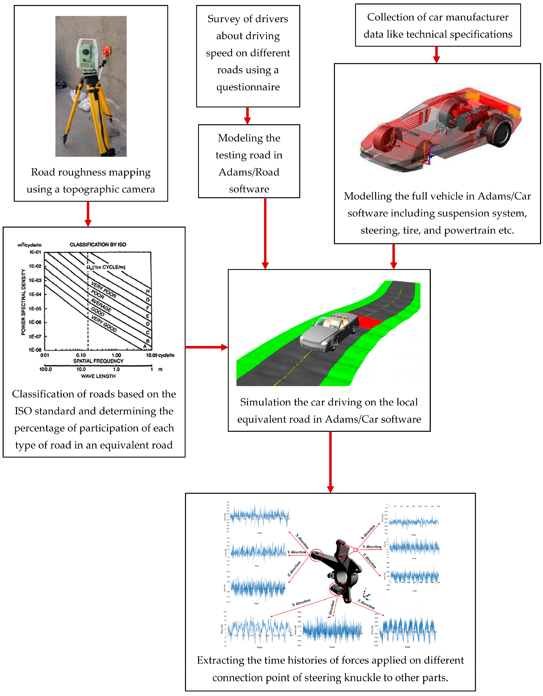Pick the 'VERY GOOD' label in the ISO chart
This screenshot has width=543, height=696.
coord(104,323)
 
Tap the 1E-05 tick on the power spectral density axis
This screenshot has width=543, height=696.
coord(35,309)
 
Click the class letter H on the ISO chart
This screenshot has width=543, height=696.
coord(148,291)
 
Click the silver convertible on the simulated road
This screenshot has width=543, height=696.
coord(328,331)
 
